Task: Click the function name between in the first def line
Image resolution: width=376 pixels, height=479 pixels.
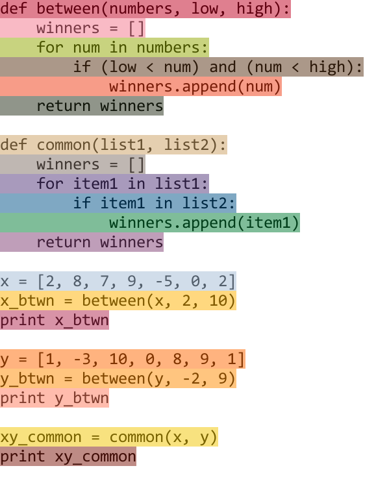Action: (68, 8)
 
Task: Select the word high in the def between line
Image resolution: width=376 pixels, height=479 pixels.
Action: (255, 9)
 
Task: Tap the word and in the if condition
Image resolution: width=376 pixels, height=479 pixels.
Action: (223, 67)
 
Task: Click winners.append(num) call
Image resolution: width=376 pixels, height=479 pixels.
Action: (195, 87)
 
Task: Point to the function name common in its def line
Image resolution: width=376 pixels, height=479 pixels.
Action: (64, 145)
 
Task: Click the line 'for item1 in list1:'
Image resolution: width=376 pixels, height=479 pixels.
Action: (122, 184)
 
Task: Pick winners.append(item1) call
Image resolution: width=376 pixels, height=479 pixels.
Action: (204, 223)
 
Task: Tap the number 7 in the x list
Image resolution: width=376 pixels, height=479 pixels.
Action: (105, 281)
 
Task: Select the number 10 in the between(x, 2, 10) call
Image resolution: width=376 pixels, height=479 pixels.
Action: (218, 301)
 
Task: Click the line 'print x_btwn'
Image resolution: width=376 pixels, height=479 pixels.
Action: (55, 321)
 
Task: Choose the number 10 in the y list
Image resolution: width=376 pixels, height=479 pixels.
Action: (118, 359)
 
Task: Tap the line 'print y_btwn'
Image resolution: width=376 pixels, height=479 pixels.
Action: (55, 399)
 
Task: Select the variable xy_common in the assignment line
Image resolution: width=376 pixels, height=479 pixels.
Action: (41, 437)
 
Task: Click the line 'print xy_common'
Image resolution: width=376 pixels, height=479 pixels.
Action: (68, 457)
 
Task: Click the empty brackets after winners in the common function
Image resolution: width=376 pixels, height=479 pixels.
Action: (136, 165)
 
